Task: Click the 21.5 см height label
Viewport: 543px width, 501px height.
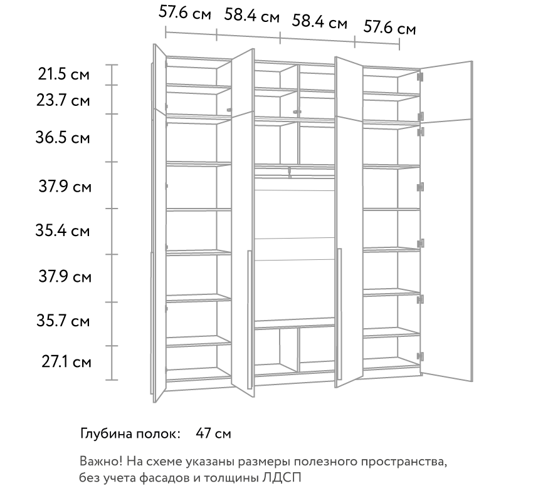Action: (64, 75)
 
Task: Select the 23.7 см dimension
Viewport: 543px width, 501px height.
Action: (63, 101)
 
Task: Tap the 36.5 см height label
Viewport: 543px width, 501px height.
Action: (63, 138)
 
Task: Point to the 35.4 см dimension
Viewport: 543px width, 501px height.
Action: (63, 230)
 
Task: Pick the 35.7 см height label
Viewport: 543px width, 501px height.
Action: (63, 321)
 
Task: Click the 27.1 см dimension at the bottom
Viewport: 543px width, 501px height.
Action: (66, 362)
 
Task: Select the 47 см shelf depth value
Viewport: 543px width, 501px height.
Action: (213, 433)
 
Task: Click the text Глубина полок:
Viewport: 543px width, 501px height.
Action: (130, 434)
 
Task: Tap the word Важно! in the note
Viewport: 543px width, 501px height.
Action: (101, 461)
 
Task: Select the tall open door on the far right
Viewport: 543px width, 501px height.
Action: (446, 250)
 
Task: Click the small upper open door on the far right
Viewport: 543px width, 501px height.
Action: (446, 92)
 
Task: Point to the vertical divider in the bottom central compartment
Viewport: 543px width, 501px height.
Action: (298, 350)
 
